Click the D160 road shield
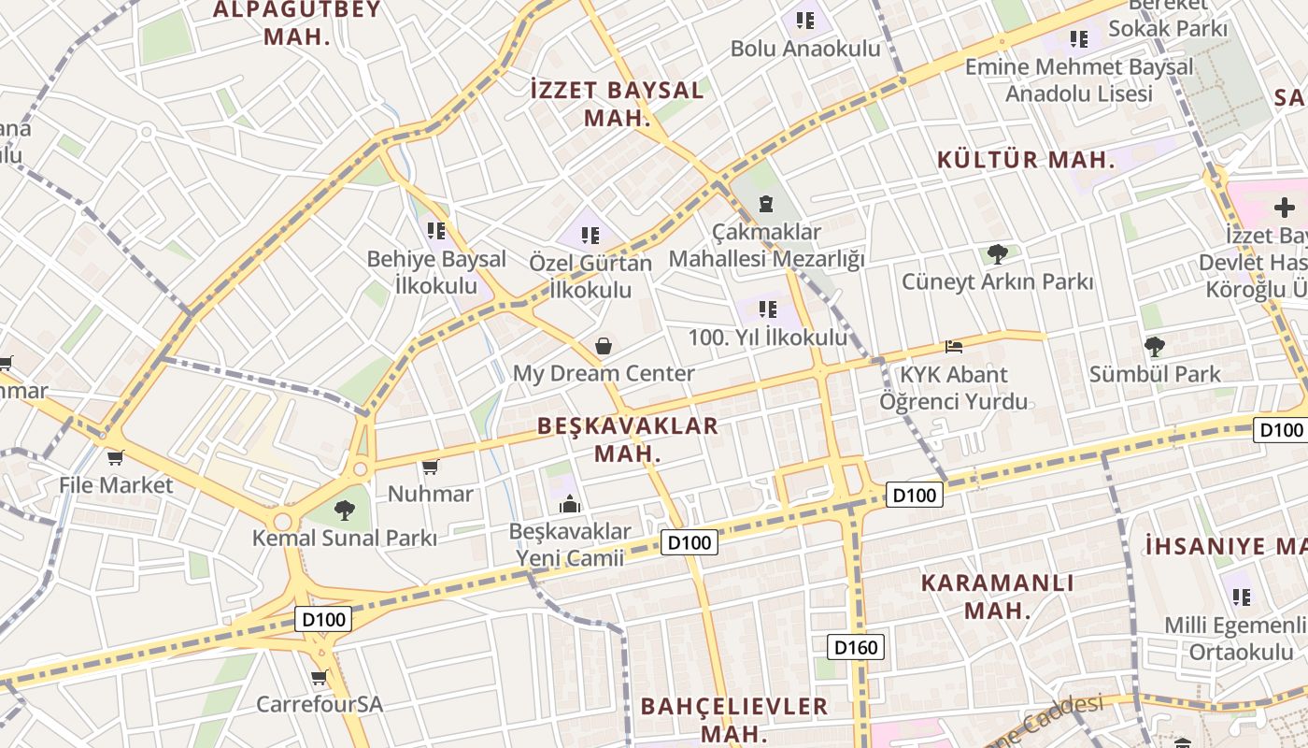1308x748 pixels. [856, 647]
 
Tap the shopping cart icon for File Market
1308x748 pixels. [115, 457]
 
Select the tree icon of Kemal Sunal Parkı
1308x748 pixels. [345, 510]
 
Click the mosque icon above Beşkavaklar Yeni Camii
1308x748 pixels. [570, 505]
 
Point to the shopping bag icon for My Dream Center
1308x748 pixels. [604, 346]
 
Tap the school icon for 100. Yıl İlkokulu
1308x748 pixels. [768, 309]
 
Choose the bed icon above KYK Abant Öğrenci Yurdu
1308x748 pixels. [953, 347]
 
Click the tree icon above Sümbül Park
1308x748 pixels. [1155, 347]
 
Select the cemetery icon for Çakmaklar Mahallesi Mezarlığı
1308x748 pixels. [766, 204]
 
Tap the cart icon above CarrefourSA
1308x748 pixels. [320, 677]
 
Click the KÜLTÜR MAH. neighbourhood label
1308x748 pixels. [1027, 160]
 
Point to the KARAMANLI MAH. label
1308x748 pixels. [998, 597]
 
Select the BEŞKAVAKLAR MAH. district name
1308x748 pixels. [629, 439]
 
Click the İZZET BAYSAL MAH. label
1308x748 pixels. [617, 104]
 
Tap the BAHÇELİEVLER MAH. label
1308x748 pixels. [734, 718]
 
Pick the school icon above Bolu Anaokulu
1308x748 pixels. [805, 20]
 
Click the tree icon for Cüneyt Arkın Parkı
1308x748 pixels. [997, 253]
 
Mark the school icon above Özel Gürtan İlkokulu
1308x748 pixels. [590, 235]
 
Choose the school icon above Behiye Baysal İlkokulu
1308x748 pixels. [435, 230]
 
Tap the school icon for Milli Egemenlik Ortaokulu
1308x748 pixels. [1241, 596]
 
